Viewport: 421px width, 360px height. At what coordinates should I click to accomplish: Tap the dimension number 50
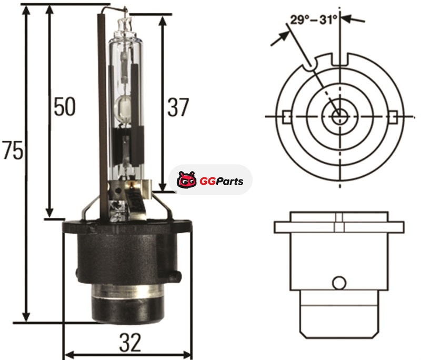(x=65, y=106)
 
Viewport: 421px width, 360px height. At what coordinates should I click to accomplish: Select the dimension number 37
(x=178, y=107)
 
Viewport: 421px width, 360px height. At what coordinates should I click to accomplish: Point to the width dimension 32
(x=130, y=343)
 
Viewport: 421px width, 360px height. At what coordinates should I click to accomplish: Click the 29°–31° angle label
(x=313, y=20)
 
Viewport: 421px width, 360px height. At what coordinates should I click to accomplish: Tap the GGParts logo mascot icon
(x=186, y=179)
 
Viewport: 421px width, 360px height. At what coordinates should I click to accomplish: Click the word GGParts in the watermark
(x=222, y=182)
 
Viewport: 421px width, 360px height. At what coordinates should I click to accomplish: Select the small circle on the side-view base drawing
(x=339, y=283)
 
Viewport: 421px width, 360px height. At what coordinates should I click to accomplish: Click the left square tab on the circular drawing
(x=286, y=117)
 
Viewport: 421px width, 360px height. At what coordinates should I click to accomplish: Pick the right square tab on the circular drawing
(x=393, y=117)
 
